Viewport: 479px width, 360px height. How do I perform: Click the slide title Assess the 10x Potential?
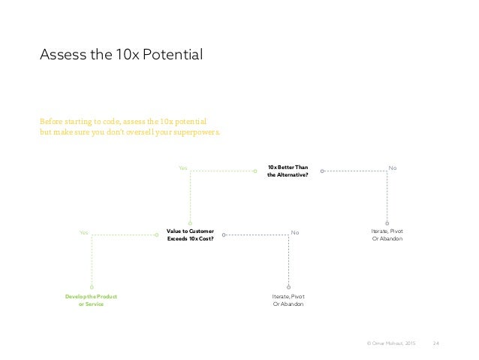point(122,55)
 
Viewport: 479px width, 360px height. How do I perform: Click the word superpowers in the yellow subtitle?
point(197,133)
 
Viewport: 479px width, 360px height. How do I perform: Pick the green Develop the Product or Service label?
point(91,300)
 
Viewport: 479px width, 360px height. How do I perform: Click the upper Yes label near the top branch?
point(182,168)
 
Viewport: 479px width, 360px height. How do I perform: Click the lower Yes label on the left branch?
point(83,233)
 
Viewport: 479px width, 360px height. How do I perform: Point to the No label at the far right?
point(390,168)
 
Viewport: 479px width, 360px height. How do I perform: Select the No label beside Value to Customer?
point(295,233)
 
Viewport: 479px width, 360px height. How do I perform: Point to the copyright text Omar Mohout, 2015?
point(388,343)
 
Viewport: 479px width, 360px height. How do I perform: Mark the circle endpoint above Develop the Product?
point(91,286)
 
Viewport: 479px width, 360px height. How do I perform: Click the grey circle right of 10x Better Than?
point(321,171)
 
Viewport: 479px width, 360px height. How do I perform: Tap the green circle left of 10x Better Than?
point(255,171)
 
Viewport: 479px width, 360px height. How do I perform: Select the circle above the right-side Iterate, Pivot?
point(387,222)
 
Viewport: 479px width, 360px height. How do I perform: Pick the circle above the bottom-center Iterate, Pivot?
point(288,286)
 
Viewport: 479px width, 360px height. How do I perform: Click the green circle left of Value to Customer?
point(156,235)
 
